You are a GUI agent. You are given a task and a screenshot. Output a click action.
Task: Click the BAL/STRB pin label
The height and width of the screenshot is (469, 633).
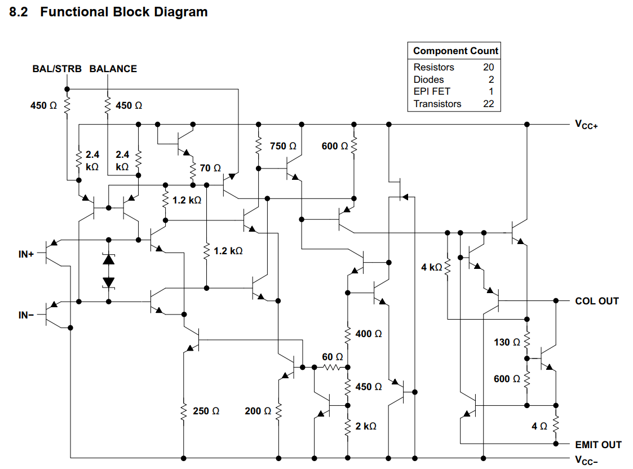57,69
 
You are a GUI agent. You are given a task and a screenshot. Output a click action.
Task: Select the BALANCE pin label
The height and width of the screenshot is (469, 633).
113,69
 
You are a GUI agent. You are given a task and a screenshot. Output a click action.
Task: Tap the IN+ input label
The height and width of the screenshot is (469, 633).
26,255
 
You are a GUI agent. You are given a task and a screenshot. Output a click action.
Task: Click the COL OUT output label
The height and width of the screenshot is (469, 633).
596,301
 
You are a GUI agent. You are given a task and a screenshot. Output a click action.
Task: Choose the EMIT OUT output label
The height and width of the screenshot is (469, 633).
598,445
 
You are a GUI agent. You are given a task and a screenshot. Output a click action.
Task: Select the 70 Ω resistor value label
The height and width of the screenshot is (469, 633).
210,168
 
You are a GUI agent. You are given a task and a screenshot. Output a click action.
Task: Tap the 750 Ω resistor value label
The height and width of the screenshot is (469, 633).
283,146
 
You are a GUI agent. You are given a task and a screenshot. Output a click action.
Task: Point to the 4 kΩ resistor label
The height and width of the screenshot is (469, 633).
431,267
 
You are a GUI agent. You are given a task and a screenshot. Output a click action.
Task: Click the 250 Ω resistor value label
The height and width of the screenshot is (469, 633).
206,412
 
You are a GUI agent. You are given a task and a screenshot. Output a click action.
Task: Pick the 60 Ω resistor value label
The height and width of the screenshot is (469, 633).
332,357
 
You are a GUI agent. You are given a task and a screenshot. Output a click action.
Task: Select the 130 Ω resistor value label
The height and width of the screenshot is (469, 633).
507,342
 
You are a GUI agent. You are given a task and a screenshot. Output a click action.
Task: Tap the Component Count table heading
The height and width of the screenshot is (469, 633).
455,51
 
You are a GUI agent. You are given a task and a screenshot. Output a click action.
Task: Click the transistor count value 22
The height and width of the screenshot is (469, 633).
488,104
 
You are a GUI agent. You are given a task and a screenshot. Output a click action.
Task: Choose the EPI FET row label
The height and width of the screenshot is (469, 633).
432,91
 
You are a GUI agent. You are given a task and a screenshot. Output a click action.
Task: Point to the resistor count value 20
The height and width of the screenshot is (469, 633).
488,67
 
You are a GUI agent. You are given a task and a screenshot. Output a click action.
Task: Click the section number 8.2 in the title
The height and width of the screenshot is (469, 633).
20,12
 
